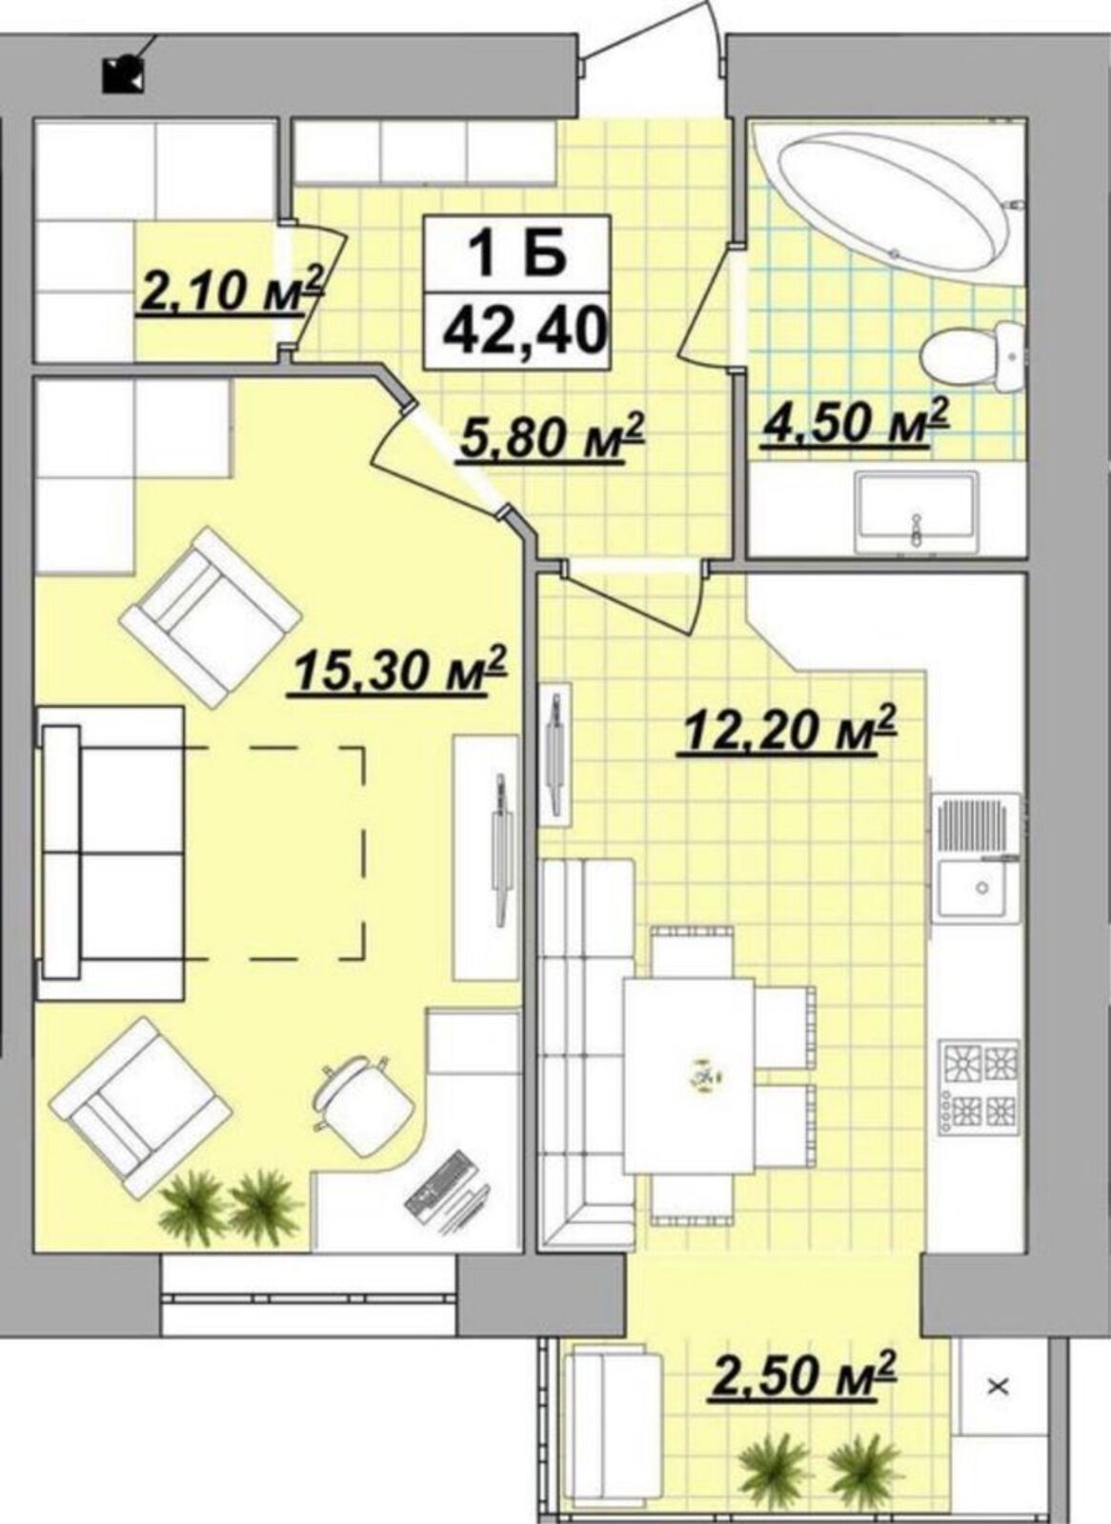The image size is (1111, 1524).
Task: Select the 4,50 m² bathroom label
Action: pyautogui.click(x=855, y=420)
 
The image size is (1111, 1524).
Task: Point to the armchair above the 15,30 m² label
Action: pyautogui.click(x=211, y=618)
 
